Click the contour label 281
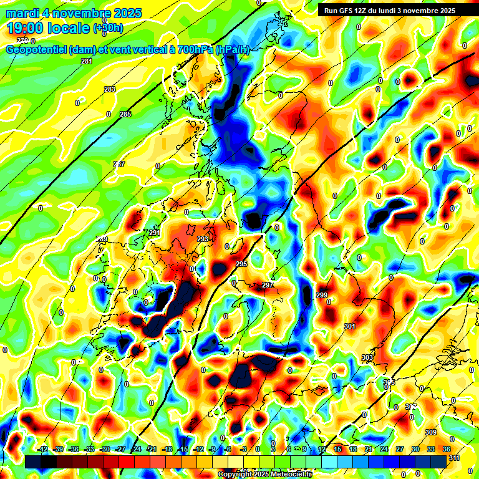(x=86, y=61)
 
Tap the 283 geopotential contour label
(x=110, y=90)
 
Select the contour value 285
(x=125, y=114)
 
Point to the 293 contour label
(x=203, y=239)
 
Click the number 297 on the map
(x=268, y=285)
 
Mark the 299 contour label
(x=322, y=295)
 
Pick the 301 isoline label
(x=349, y=326)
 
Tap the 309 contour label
(x=430, y=432)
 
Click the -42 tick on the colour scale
(x=43, y=449)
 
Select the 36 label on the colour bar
(x=447, y=449)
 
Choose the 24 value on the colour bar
(x=384, y=449)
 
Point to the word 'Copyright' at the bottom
(x=235, y=475)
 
